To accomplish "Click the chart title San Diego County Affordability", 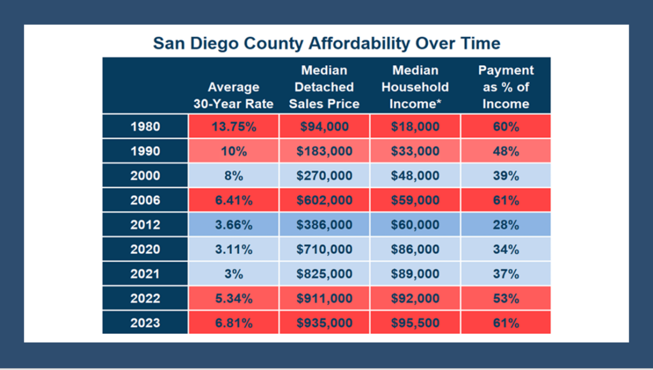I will coord(326,43).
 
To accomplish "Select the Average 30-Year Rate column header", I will coord(233,95).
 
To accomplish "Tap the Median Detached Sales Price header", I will coord(324,87).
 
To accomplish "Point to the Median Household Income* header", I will coord(415,87).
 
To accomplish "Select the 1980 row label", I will coord(145,126).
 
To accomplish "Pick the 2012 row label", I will coord(145,225).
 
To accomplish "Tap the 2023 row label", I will coord(145,323).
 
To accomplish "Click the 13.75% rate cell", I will coord(233,126).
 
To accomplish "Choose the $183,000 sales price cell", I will coord(324,151).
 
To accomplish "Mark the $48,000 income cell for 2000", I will coord(415,175).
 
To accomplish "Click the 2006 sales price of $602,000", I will coord(324,200).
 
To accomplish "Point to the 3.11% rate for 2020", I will coord(233,249).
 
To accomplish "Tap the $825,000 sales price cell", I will coord(324,274).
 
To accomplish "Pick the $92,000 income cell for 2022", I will coord(415,299).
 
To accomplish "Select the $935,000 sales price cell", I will coord(324,323).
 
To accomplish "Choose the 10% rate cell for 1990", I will coord(233,151).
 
